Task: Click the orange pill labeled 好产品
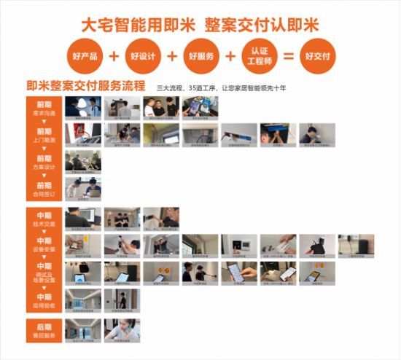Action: click(82, 55)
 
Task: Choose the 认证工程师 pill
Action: click(259, 55)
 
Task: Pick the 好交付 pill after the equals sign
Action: click(318, 55)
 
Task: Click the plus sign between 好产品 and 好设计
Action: click(112, 55)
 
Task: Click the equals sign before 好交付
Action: click(288, 55)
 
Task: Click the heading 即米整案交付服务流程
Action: click(85, 87)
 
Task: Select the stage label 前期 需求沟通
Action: click(44, 109)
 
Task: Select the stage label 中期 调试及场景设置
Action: click(44, 272)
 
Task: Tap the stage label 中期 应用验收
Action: click(44, 299)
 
